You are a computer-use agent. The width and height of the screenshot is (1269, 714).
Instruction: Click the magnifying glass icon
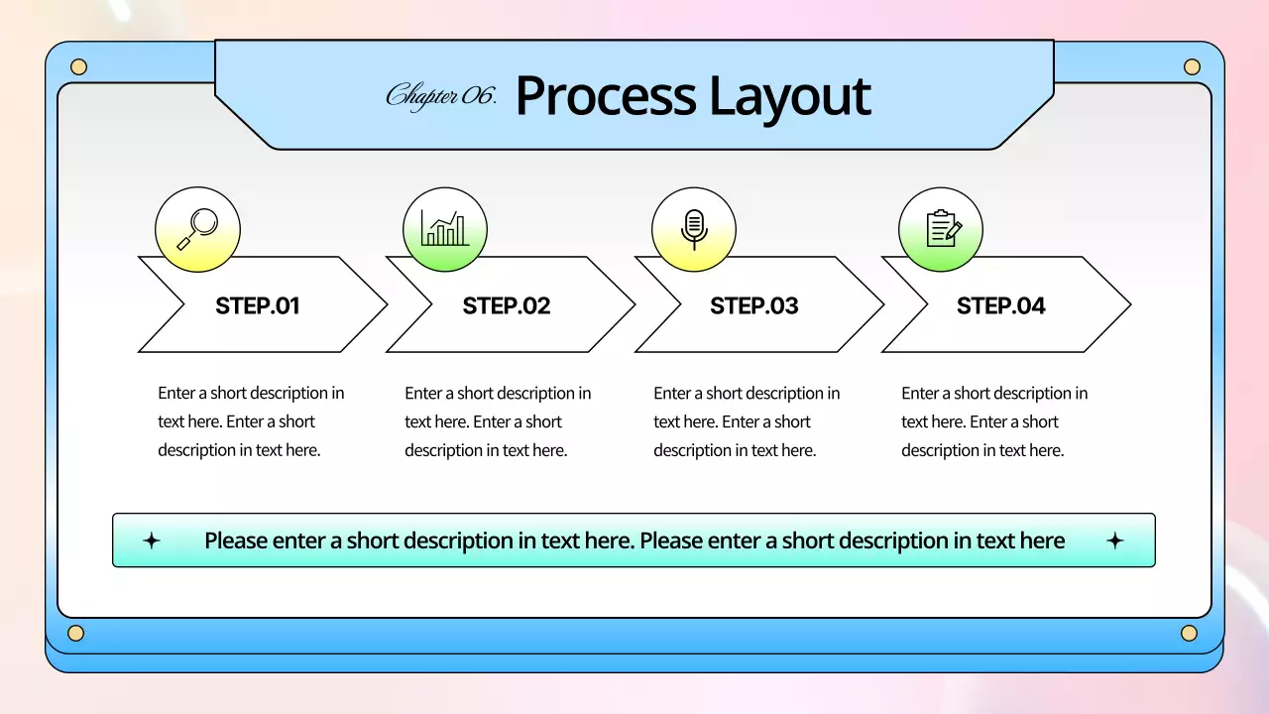pos(197,229)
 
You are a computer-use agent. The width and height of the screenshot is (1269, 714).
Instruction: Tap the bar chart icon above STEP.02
pos(445,228)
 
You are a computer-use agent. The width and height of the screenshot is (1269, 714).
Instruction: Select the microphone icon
pos(694,229)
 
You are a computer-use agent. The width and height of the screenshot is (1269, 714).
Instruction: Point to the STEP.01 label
pos(257,306)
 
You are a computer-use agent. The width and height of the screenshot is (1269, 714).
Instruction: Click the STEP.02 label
pos(506,306)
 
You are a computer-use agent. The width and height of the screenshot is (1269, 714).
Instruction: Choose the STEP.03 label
pos(754,306)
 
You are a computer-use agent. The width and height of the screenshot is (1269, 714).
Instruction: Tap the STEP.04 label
pos(1001,306)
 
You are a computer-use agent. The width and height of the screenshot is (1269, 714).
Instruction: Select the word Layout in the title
pos(790,98)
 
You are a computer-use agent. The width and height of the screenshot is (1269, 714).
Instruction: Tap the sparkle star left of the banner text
pos(152,540)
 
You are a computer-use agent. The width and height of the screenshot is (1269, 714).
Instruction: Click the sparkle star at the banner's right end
pos(1115,540)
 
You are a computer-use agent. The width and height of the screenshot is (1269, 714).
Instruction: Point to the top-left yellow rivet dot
pos(78,66)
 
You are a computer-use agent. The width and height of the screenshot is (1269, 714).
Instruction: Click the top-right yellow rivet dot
pos(1192,66)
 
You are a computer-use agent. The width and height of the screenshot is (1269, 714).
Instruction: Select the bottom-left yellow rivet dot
pos(76,633)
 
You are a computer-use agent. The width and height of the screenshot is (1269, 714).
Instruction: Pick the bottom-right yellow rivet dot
pos(1189,633)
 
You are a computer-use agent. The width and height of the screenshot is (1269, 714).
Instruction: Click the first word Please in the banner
pos(236,540)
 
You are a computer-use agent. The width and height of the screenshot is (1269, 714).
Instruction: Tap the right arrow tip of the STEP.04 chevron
pos(1131,304)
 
